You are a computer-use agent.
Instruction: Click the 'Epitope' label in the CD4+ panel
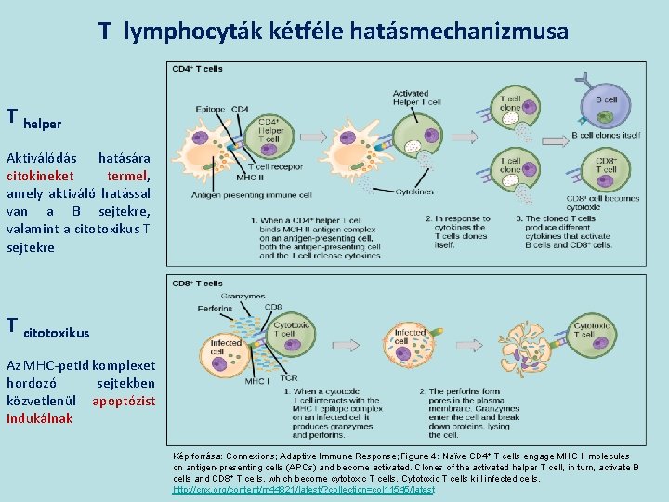pyautogui.click(x=211, y=110)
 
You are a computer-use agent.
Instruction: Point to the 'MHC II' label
pyautogui.click(x=249, y=177)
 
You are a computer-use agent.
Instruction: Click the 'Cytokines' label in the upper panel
pyautogui.click(x=413, y=192)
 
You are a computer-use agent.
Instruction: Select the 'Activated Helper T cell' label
pyautogui.click(x=411, y=99)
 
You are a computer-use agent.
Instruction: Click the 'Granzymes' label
pyautogui.click(x=243, y=295)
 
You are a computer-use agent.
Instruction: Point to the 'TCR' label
pyautogui.click(x=290, y=378)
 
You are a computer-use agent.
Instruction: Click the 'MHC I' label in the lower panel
pyautogui.click(x=256, y=381)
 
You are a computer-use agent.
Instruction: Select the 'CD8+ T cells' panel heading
pyautogui.click(x=197, y=283)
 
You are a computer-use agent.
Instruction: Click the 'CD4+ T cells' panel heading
pyautogui.click(x=197, y=69)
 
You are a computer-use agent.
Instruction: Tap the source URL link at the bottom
pyautogui.click(x=304, y=489)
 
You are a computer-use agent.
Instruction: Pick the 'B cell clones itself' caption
pyautogui.click(x=606, y=135)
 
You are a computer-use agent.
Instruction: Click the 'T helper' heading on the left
pyautogui.click(x=33, y=119)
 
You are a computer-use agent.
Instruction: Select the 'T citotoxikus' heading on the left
pyautogui.click(x=47, y=328)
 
